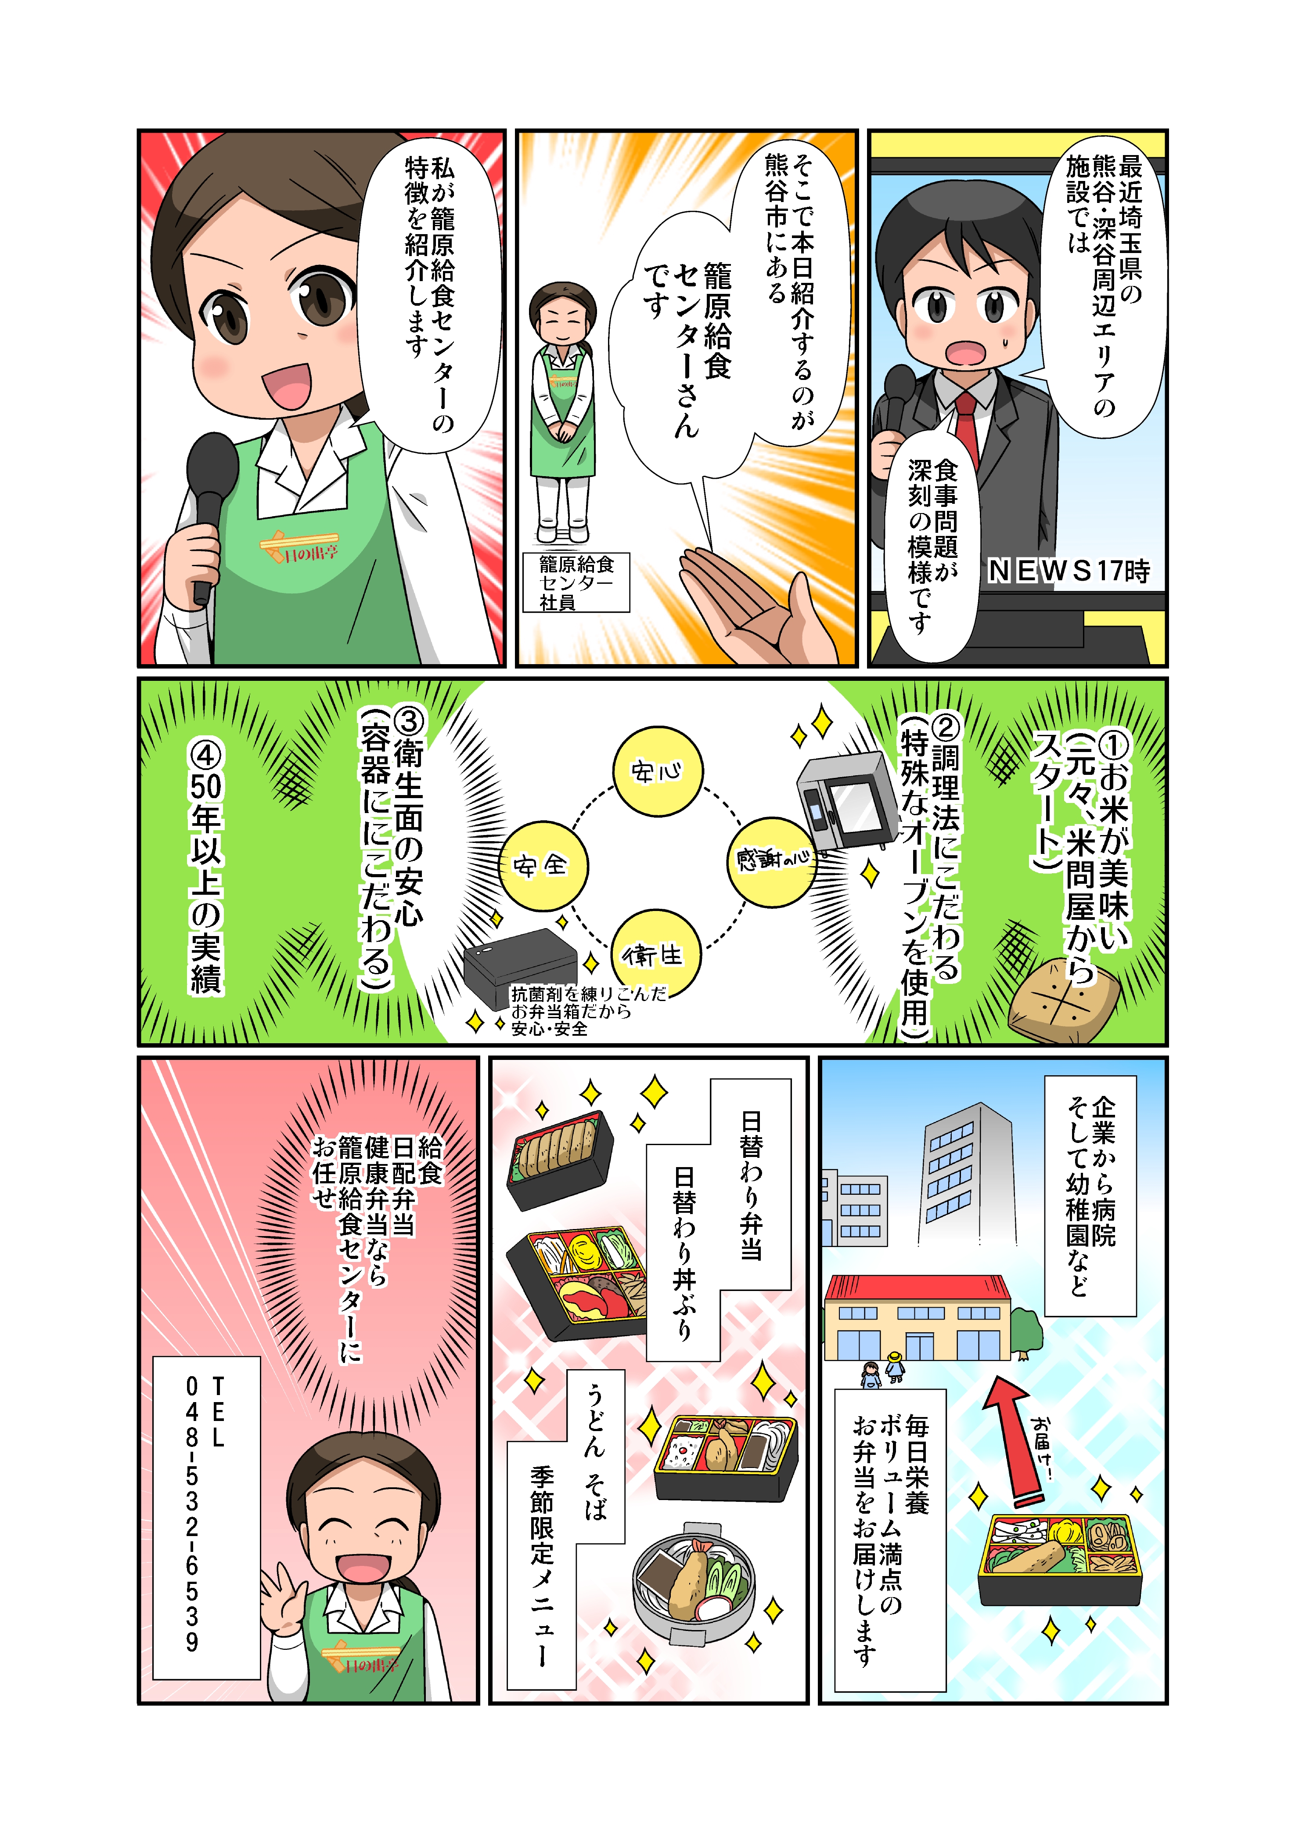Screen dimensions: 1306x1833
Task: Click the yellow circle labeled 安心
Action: point(658,771)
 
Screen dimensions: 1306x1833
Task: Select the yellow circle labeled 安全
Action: point(543,866)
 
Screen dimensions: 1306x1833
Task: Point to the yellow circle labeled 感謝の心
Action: point(773,861)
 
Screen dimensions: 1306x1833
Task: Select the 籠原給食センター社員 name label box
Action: point(576,582)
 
